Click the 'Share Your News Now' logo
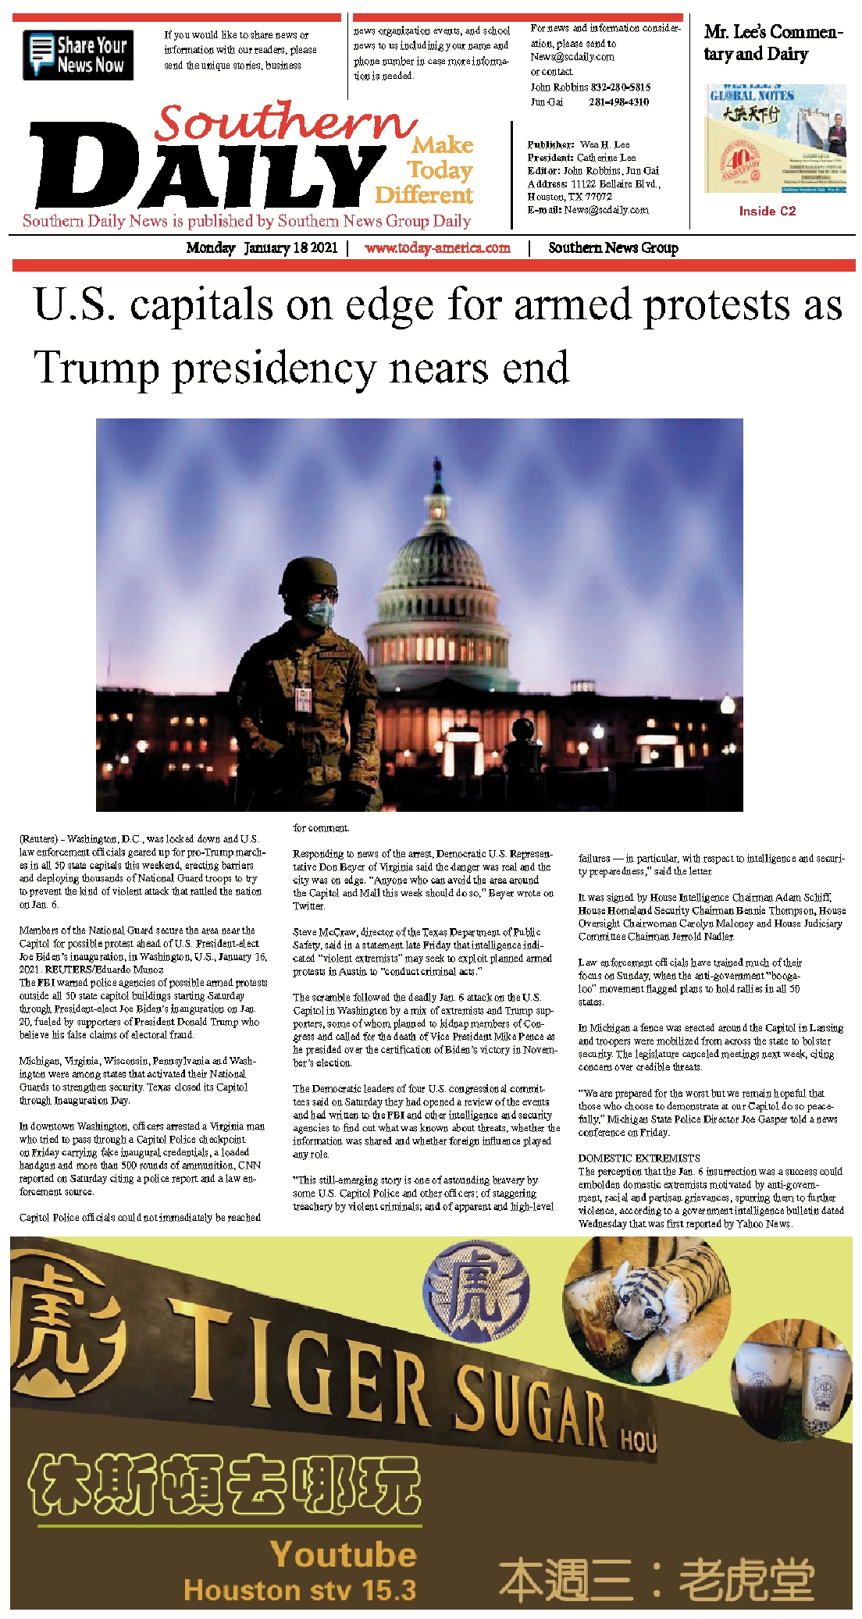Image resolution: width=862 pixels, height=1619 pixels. pos(78,55)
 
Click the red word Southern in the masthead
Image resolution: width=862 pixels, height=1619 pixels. pos(285,123)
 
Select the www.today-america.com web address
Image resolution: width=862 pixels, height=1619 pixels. pos(437,248)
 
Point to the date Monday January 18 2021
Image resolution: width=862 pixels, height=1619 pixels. pos(262,248)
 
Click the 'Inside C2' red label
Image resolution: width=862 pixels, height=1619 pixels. pos(768,211)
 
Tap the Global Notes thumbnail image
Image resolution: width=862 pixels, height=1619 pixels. pos(775,139)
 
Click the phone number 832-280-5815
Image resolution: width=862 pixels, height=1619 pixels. pos(619,87)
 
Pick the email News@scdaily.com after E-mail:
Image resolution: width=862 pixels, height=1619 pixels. pos(606,210)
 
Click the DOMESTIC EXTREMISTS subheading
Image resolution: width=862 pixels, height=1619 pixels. pos(639,1158)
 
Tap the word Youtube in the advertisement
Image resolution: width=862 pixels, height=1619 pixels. pos(344,1554)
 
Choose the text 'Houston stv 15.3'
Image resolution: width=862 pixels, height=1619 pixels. pos(300,1589)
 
